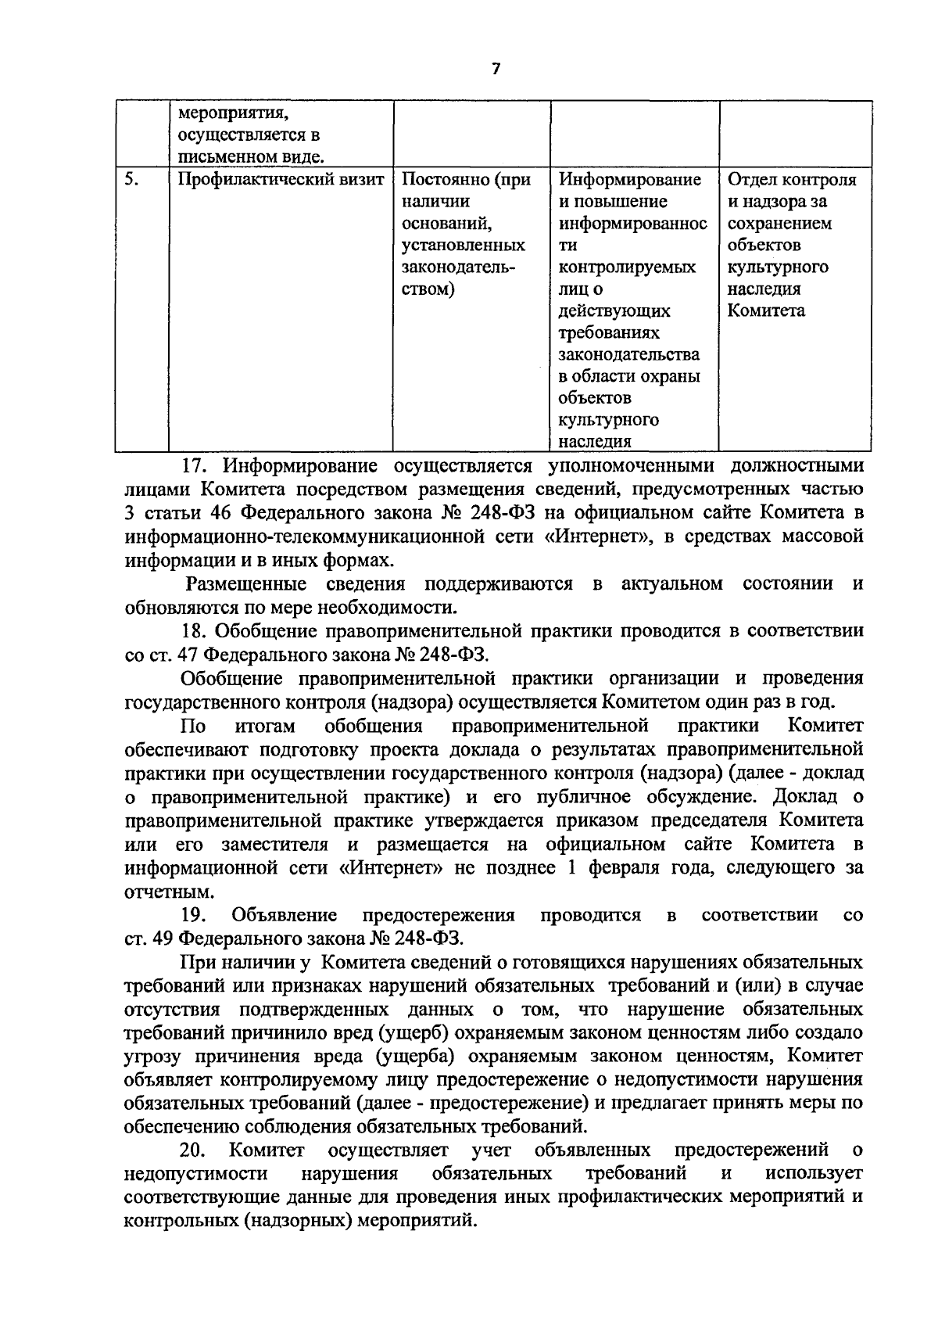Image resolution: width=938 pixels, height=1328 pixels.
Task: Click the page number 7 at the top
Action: [x=494, y=70]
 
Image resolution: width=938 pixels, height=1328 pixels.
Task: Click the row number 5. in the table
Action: [x=131, y=180]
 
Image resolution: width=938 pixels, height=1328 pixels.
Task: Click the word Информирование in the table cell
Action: [x=630, y=180]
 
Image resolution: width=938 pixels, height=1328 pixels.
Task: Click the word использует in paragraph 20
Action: [x=814, y=1174]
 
